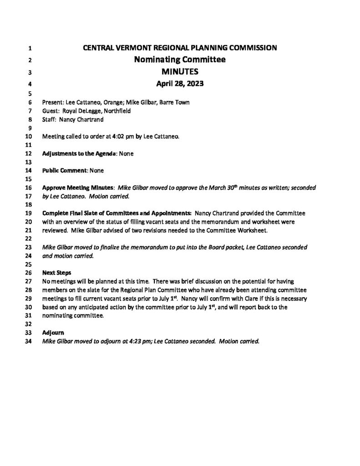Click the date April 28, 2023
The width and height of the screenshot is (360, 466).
point(180,84)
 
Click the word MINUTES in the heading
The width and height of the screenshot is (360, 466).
point(180,71)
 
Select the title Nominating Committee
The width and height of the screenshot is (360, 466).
point(180,60)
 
